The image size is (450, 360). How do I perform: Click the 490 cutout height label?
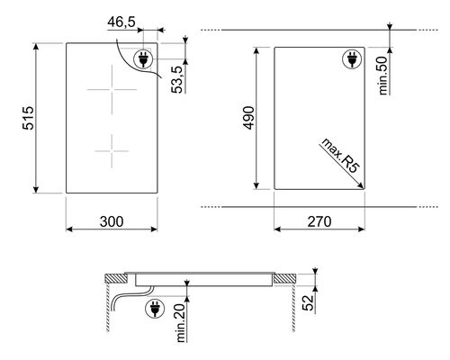[247, 118]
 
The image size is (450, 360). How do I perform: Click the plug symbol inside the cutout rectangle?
[350, 60]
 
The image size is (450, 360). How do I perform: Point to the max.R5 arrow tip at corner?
[363, 186]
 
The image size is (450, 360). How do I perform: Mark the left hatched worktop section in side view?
[111, 278]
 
